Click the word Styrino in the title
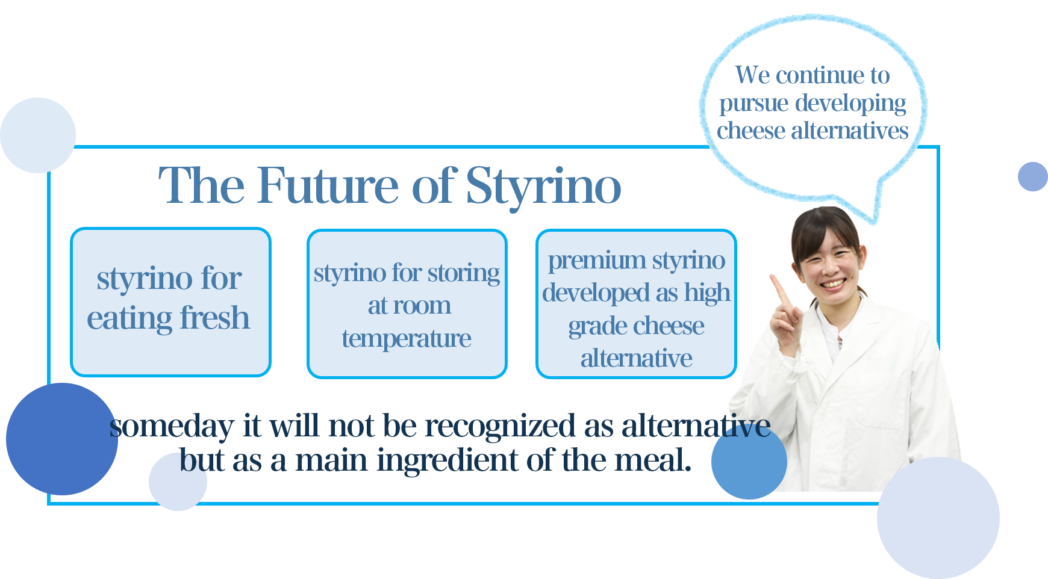click(x=543, y=187)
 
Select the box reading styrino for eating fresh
click(x=170, y=302)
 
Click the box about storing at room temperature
click(x=407, y=304)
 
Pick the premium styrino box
click(x=636, y=304)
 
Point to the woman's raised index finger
click(x=780, y=289)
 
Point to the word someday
click(x=172, y=427)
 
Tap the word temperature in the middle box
click(x=407, y=339)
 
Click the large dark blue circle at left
click(x=62, y=439)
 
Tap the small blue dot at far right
click(x=1033, y=176)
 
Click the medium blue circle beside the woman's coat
click(x=749, y=462)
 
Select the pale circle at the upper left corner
click(x=38, y=135)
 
